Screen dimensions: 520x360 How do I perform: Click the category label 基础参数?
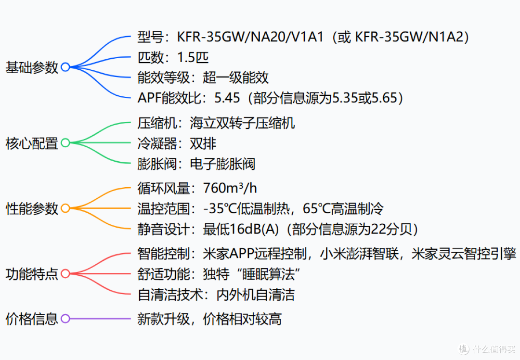[x=32, y=67]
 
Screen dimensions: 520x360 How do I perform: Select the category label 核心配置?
[x=32, y=143]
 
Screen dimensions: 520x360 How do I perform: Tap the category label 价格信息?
[x=32, y=319]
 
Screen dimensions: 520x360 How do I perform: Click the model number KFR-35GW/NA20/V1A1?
[x=250, y=37]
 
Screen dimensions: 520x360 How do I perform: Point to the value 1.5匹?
[x=193, y=57]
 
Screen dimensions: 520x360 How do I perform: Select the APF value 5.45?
[x=227, y=98]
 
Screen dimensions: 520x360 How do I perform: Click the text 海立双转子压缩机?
[x=242, y=123]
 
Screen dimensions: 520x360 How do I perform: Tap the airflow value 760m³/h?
[x=230, y=188]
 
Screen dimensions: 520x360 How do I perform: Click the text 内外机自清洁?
[x=255, y=295]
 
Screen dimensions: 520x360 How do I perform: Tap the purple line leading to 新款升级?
[x=100, y=319]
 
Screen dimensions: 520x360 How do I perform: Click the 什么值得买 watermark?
[x=487, y=349]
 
